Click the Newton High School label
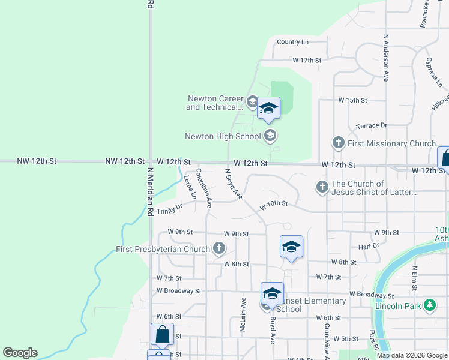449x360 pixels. point(223,136)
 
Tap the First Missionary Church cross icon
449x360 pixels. point(338,143)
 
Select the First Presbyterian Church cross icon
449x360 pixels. point(220,248)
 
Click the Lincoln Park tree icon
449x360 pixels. point(429,306)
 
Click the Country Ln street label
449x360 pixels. point(292,42)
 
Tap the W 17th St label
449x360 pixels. point(307,61)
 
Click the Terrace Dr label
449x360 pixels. point(371,125)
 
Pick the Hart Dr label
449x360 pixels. point(369,246)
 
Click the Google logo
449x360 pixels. point(20,353)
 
